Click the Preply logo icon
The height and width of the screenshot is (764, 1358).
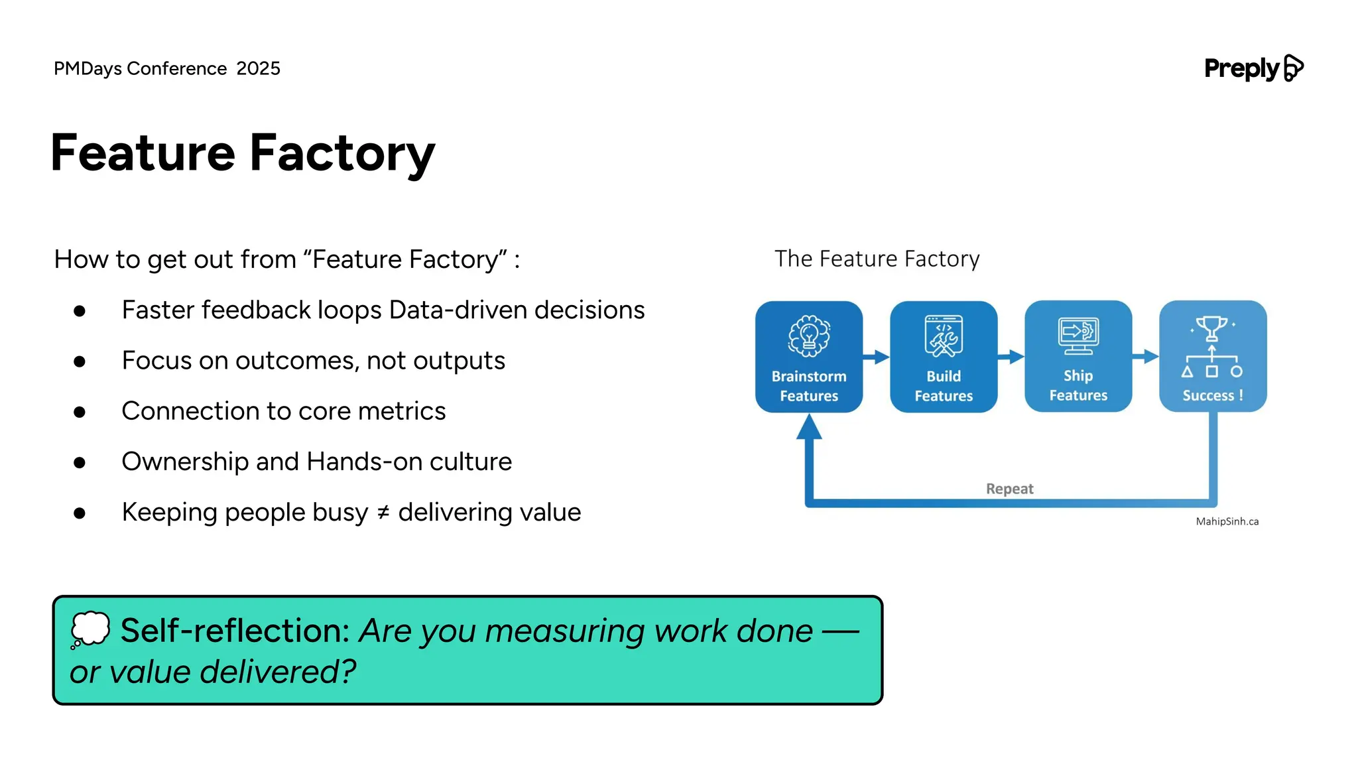1293,68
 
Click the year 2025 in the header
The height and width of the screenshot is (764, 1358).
258,68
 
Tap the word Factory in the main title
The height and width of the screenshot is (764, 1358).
342,153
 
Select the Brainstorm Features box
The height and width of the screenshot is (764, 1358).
808,357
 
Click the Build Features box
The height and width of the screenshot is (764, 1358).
943,357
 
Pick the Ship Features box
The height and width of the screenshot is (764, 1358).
1078,357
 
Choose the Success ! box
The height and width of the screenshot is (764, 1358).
1213,357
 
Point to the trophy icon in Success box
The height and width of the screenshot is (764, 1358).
1212,328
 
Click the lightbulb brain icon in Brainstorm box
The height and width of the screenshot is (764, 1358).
809,335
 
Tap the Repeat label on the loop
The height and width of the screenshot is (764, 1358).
1009,489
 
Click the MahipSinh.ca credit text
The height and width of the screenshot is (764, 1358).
1227,521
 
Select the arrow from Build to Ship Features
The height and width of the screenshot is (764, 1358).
1011,357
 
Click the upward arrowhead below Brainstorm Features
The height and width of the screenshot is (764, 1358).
809,428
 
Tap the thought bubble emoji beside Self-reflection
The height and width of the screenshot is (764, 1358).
90,629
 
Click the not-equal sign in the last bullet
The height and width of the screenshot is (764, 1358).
383,513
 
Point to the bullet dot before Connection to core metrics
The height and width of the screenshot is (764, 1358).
80,412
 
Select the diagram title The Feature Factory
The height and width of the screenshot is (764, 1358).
877,259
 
